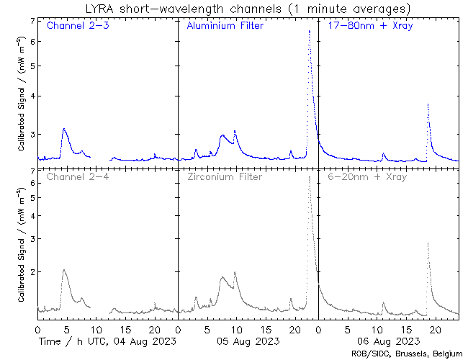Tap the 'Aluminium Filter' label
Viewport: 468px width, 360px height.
pyautogui.click(x=225, y=26)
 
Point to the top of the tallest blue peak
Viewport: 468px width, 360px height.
pyautogui.click(x=309, y=31)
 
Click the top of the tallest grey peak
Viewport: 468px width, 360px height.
pyautogui.click(x=309, y=177)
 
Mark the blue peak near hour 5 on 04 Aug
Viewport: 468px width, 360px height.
pyautogui.click(x=64, y=129)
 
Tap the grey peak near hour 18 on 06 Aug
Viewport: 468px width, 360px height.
pyautogui.click(x=428, y=243)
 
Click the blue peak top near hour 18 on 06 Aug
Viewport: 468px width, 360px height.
pyautogui.click(x=428, y=104)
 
